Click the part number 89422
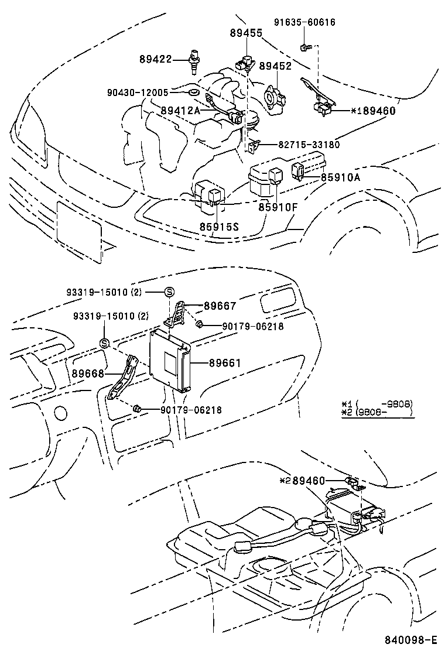point(155,59)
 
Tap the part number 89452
point(275,67)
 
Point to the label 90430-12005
point(138,92)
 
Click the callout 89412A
point(180,110)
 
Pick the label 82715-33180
point(300,145)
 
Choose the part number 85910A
point(340,177)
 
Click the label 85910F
point(278,207)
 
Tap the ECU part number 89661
point(225,363)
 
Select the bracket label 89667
point(220,306)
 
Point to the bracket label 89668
point(88,373)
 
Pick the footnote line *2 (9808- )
point(377,413)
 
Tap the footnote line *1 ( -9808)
point(377,404)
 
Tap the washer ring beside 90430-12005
point(194,92)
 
